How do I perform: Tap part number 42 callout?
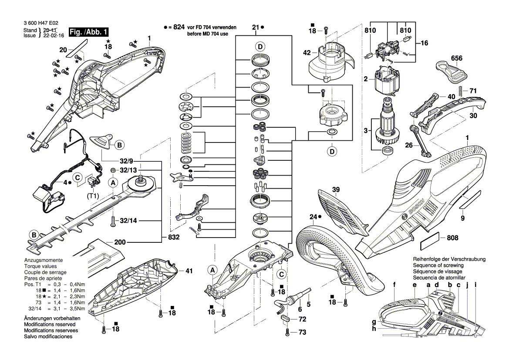pos(307,53)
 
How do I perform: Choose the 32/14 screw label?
pos(128,221)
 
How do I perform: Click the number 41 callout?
pos(189,271)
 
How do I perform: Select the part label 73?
pos(302,332)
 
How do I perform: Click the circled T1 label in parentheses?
pos(92,196)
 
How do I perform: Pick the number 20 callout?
pos(63,50)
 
